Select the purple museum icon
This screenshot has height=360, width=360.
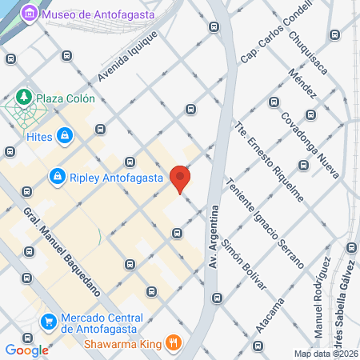click(30, 14)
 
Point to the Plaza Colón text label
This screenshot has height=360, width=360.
click(70, 98)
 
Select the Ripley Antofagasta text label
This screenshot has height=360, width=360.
click(117, 176)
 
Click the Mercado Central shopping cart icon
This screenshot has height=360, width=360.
click(50, 321)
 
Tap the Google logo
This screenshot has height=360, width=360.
click(27, 350)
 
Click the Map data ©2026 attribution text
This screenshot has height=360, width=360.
click(326, 354)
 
